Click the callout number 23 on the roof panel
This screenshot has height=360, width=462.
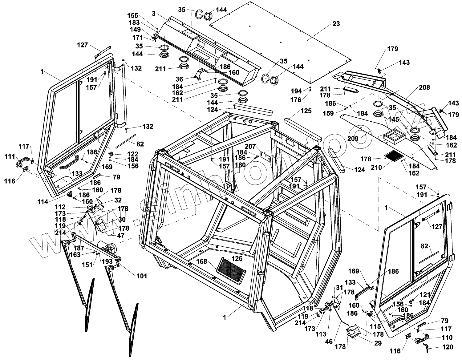336,24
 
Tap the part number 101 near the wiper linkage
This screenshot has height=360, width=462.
142,276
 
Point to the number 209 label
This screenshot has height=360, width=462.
353,139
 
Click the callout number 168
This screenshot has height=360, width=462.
202,261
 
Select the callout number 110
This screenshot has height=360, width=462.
447,338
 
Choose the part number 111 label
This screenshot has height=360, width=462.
10,157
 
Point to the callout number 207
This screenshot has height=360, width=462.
251,146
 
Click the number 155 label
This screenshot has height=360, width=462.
133,16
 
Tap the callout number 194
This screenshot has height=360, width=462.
297,91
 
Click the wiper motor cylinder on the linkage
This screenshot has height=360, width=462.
106,246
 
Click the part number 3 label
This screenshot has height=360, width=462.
153,14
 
